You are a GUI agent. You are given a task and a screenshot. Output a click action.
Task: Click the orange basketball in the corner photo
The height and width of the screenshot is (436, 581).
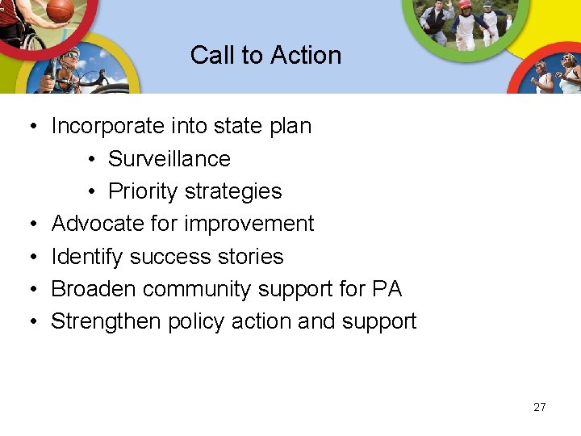click(60, 10)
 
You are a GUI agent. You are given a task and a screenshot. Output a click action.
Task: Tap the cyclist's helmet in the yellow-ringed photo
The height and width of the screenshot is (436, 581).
click(71, 54)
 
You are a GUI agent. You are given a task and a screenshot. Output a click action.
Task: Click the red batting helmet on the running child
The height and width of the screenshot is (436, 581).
click(464, 5)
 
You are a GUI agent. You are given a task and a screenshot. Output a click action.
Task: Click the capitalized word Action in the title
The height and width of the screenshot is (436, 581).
click(306, 55)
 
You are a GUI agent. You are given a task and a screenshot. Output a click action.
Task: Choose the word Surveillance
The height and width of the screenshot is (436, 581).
click(169, 159)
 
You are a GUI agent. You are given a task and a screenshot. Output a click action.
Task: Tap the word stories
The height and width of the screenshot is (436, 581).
click(251, 257)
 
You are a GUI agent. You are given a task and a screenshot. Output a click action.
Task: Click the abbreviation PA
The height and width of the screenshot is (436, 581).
click(387, 289)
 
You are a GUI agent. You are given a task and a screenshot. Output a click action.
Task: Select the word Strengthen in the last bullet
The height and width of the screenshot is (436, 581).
click(106, 321)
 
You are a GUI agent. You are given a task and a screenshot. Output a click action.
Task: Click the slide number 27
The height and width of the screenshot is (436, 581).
click(539, 407)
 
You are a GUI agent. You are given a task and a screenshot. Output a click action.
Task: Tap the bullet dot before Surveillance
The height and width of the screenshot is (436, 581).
click(93, 160)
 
